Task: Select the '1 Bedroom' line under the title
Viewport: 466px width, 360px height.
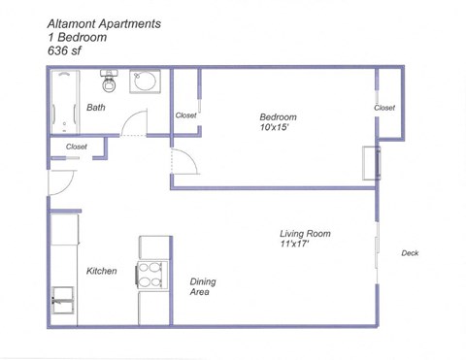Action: (78, 37)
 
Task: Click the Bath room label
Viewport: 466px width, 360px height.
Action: (95, 108)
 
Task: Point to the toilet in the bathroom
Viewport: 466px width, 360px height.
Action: (110, 82)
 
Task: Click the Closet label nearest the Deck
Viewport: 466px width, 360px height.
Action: (384, 108)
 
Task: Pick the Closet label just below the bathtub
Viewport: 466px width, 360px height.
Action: (76, 147)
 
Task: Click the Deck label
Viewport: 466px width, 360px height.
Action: (409, 253)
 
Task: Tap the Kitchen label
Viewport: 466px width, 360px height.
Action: (101, 272)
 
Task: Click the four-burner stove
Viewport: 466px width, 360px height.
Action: (153, 276)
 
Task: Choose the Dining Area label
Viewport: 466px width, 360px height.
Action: (203, 286)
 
